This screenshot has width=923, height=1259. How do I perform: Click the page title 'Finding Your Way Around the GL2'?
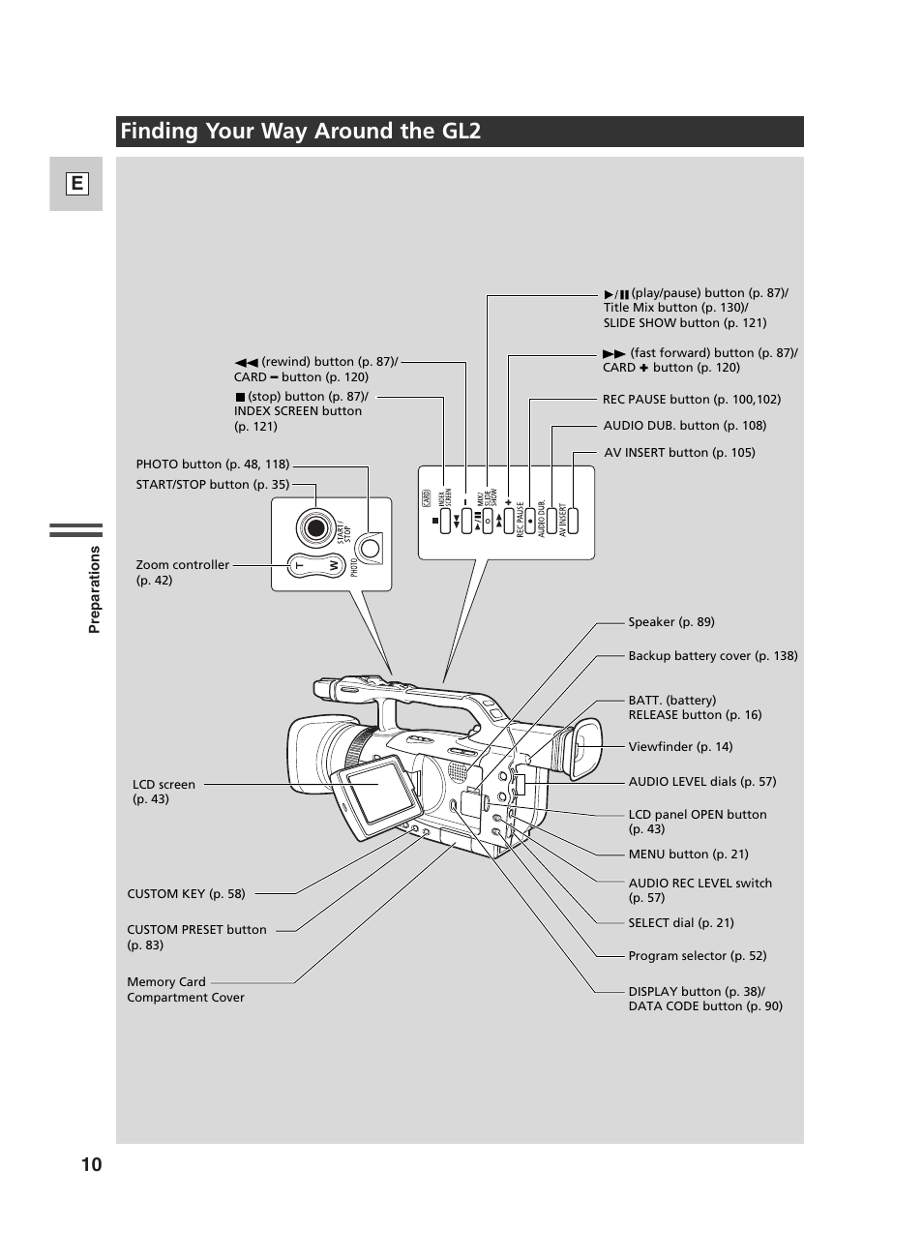pos(300,132)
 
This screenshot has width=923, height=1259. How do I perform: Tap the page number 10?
pos(91,1164)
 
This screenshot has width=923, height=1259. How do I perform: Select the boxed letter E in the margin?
pos(76,184)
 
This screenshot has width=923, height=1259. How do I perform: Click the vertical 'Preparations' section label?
pos(94,589)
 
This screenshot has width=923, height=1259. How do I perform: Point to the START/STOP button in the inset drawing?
pos(314,528)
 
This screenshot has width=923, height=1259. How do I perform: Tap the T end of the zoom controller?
pos(300,565)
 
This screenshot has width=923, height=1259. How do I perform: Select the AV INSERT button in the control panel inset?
pos(573,521)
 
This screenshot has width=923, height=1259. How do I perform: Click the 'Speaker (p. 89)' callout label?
pos(670,622)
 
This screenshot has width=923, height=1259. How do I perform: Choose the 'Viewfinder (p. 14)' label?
pos(680,747)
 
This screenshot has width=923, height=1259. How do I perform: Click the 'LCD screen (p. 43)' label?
pos(164,792)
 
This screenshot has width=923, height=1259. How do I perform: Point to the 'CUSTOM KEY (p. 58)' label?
pos(186,894)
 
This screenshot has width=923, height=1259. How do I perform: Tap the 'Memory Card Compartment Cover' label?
pos(185,990)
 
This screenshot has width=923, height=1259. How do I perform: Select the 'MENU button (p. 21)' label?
pos(688,854)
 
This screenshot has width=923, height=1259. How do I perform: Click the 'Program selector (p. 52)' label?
pos(697,956)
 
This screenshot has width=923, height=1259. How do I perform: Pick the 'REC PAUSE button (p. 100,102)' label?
pos(691,400)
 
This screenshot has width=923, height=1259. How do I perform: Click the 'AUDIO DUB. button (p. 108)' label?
pos(684,426)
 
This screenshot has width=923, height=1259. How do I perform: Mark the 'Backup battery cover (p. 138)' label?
pos(712,656)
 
